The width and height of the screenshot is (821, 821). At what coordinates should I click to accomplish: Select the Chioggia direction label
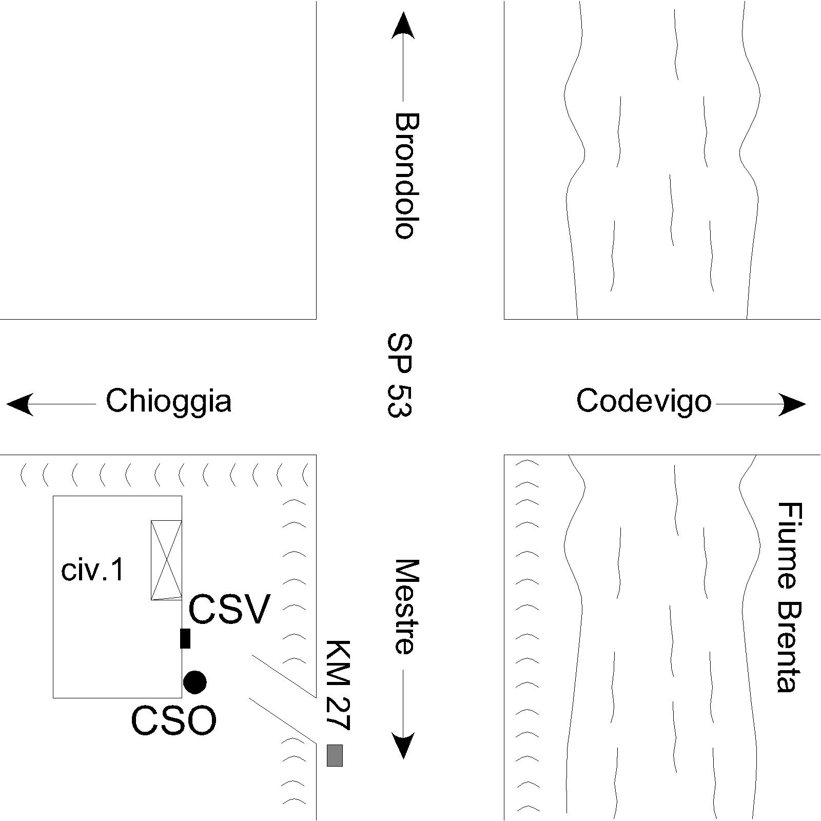pos(168,401)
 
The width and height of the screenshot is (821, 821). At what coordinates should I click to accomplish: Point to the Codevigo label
pos(644,401)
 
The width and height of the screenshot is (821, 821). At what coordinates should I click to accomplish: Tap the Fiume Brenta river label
pos(789,597)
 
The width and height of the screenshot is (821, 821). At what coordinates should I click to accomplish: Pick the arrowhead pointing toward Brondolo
pos(403,25)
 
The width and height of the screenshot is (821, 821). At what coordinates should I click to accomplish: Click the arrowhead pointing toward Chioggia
pos(20,404)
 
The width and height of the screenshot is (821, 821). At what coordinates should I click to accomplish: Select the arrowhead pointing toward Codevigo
pos(792,404)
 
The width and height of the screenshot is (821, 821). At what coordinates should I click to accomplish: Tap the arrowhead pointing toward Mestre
pos(403,745)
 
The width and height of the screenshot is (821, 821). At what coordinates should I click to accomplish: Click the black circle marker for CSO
pos(195,682)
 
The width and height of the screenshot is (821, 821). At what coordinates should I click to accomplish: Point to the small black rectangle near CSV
pos(185,638)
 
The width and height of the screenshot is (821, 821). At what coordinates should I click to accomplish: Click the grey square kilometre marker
pos(335,755)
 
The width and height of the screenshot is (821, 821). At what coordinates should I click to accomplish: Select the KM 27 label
pos(338,685)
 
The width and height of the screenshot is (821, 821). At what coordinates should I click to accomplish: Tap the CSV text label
pos(229,610)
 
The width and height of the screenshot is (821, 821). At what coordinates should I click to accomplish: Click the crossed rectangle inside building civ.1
pos(166,560)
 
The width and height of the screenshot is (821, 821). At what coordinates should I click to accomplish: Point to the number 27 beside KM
pos(338,713)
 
